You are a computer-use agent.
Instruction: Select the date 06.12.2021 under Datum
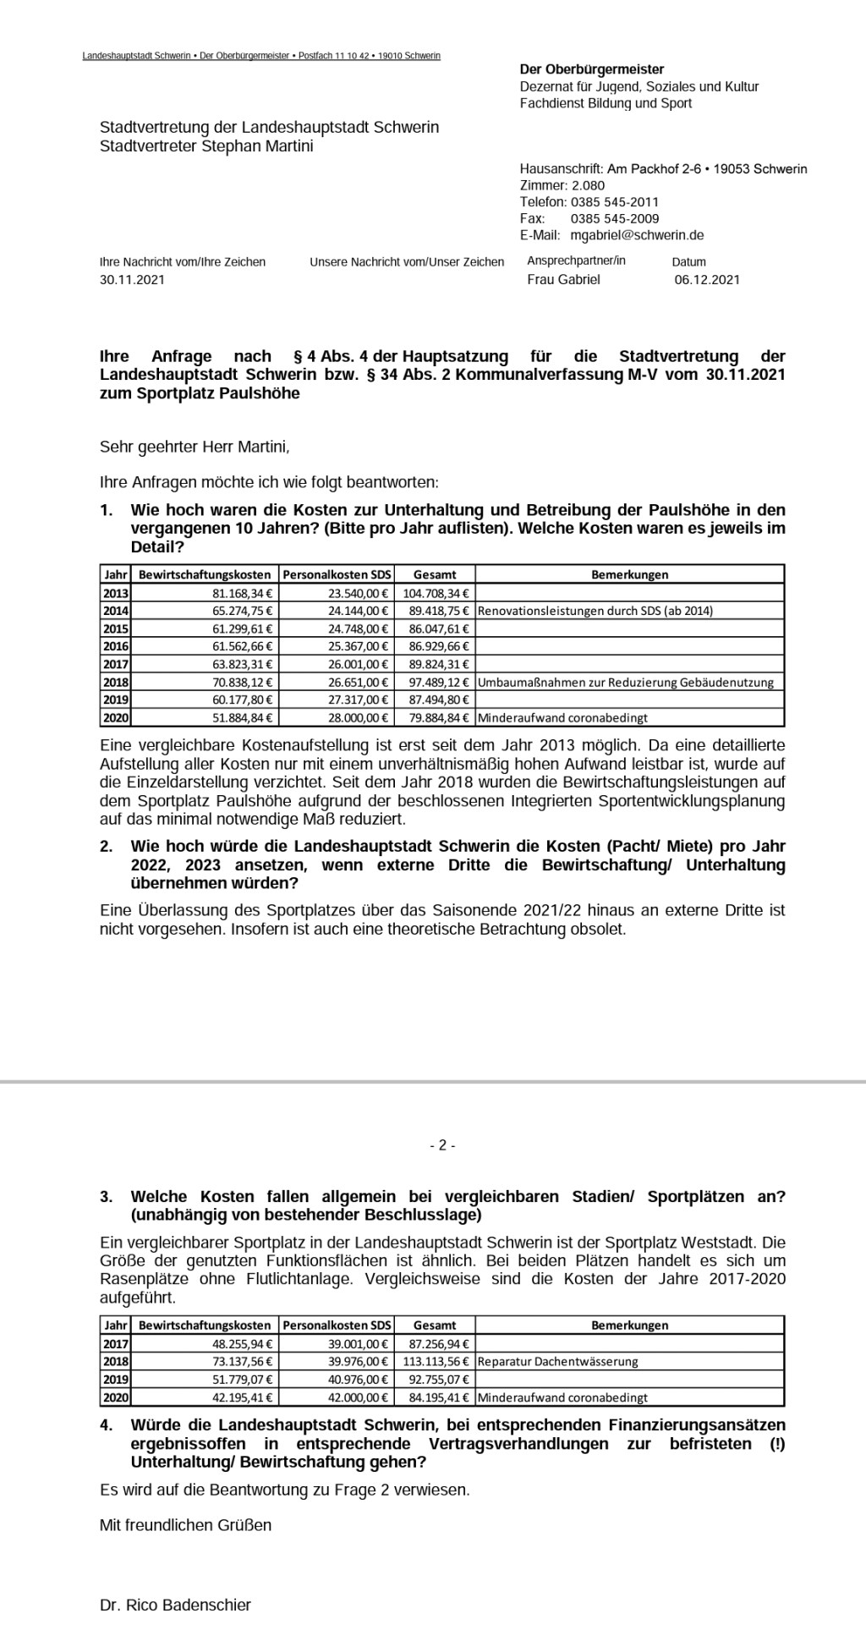[x=707, y=279]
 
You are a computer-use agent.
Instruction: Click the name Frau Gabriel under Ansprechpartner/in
[x=563, y=279]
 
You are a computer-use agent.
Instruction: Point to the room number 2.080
[x=589, y=185]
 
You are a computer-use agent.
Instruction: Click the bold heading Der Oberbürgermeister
[x=592, y=69]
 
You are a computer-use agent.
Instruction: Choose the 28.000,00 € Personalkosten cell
[x=360, y=717]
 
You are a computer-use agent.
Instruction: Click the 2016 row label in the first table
[x=116, y=646]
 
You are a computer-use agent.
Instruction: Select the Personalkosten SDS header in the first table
[x=337, y=574]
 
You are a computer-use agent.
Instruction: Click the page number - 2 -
[x=441, y=1145]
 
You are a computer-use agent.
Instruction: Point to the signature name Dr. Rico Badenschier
[x=175, y=1605]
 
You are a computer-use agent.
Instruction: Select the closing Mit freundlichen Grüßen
[x=186, y=1525]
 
